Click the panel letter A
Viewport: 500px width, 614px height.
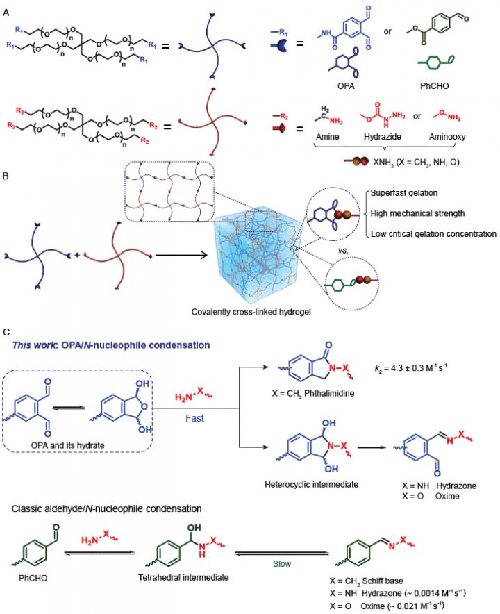click(x=6, y=8)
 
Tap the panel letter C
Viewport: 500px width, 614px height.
click(x=6, y=334)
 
